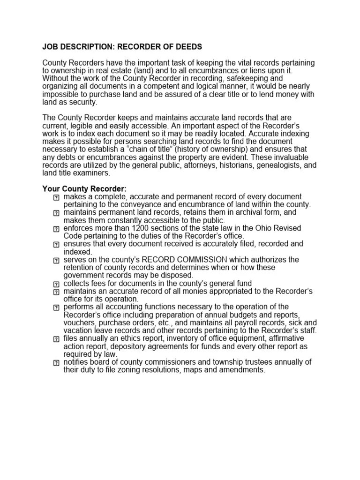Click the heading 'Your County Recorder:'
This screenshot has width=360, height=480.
point(85,188)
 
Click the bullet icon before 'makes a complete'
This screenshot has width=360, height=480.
point(56,197)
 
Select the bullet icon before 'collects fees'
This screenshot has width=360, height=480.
point(56,284)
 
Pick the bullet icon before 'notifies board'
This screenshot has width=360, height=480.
point(56,363)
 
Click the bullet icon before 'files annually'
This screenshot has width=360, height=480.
point(56,339)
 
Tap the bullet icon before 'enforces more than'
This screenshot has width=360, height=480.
point(56,229)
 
